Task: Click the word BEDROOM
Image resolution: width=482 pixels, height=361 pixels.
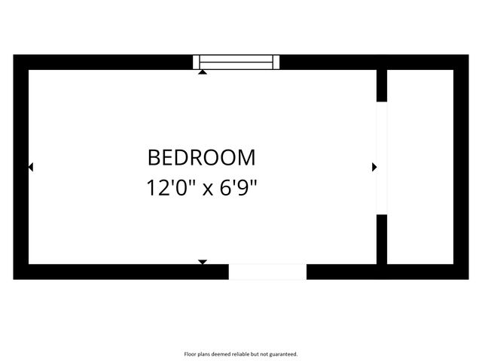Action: point(201,157)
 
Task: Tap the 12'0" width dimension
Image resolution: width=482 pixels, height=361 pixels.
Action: point(172,187)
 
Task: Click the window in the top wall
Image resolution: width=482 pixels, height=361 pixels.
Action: point(236,62)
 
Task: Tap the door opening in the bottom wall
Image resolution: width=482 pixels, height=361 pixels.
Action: point(267,272)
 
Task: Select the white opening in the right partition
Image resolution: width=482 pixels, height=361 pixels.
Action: point(381,158)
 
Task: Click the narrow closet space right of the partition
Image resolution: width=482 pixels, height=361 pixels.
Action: point(420,165)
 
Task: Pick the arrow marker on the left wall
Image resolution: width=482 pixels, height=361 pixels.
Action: point(30,167)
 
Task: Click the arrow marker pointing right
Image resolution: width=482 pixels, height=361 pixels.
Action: point(374,167)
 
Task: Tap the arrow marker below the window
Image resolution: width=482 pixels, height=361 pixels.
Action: point(203,72)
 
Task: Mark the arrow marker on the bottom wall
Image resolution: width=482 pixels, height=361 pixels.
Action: point(202,262)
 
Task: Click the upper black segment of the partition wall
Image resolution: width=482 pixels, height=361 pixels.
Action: point(381,85)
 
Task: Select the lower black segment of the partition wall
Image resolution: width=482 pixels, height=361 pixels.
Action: point(381,239)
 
